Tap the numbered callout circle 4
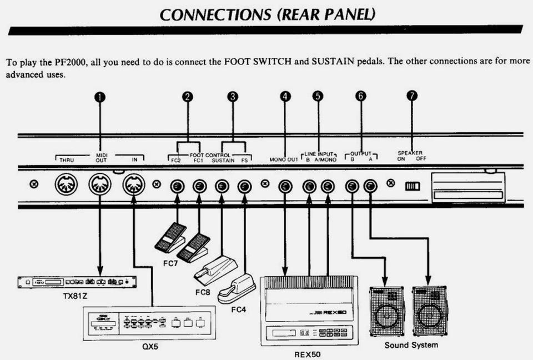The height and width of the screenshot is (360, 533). click(285, 96)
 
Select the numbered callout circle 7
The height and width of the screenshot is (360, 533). click(411, 96)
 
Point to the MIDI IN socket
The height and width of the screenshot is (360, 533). click(134, 184)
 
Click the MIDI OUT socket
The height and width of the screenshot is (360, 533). click(100, 184)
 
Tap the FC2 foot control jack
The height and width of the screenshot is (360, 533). click(177, 186)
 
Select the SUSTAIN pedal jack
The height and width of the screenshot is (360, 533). click(222, 186)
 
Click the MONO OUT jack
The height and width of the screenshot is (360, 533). click(285, 186)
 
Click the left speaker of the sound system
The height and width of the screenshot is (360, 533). click(387, 311)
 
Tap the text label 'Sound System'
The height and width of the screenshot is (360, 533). click(411, 345)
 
